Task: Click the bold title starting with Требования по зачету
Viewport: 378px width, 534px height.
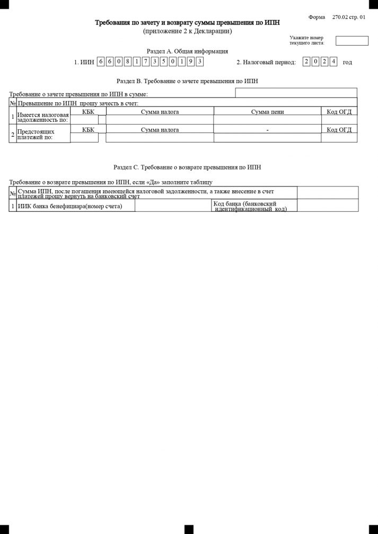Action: pyautogui.click(x=187, y=23)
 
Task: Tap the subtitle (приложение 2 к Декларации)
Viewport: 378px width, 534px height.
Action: pyautogui.click(x=187, y=31)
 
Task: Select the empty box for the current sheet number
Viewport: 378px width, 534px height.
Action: pyautogui.click(x=352, y=41)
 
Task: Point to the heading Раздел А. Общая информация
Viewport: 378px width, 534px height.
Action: pyautogui.click(x=187, y=51)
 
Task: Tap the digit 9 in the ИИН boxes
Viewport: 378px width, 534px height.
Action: pyautogui.click(x=190, y=62)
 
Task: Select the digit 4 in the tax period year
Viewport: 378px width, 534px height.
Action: pyautogui.click(x=333, y=62)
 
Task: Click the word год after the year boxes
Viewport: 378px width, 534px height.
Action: pyautogui.click(x=347, y=63)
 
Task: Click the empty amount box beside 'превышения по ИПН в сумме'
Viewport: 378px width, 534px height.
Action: pyautogui.click(x=296, y=93)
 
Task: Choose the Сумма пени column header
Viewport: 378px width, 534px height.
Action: pyautogui.click(x=267, y=112)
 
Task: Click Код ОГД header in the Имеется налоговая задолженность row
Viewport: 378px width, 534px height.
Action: pyautogui.click(x=339, y=112)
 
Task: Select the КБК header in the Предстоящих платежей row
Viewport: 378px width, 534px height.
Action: pyautogui.click(x=88, y=129)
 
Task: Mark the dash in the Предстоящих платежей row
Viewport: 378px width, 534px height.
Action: pyautogui.click(x=268, y=130)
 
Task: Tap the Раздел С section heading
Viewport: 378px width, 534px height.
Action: pyautogui.click(x=187, y=167)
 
